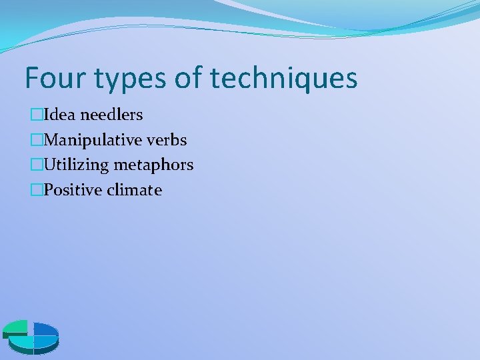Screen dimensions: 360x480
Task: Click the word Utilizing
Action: click(x=77, y=165)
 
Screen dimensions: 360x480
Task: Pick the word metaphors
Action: click(x=154, y=165)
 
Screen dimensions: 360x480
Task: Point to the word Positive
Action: click(x=69, y=191)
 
